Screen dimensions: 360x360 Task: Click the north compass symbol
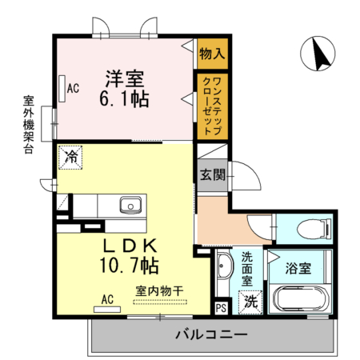coord(318,54)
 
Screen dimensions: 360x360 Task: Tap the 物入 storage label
coord(212,55)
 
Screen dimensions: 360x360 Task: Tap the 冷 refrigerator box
coord(72,158)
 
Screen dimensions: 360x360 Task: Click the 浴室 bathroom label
coord(299,267)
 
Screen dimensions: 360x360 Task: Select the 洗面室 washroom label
coord(247,270)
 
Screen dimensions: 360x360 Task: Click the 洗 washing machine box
coord(251,302)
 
